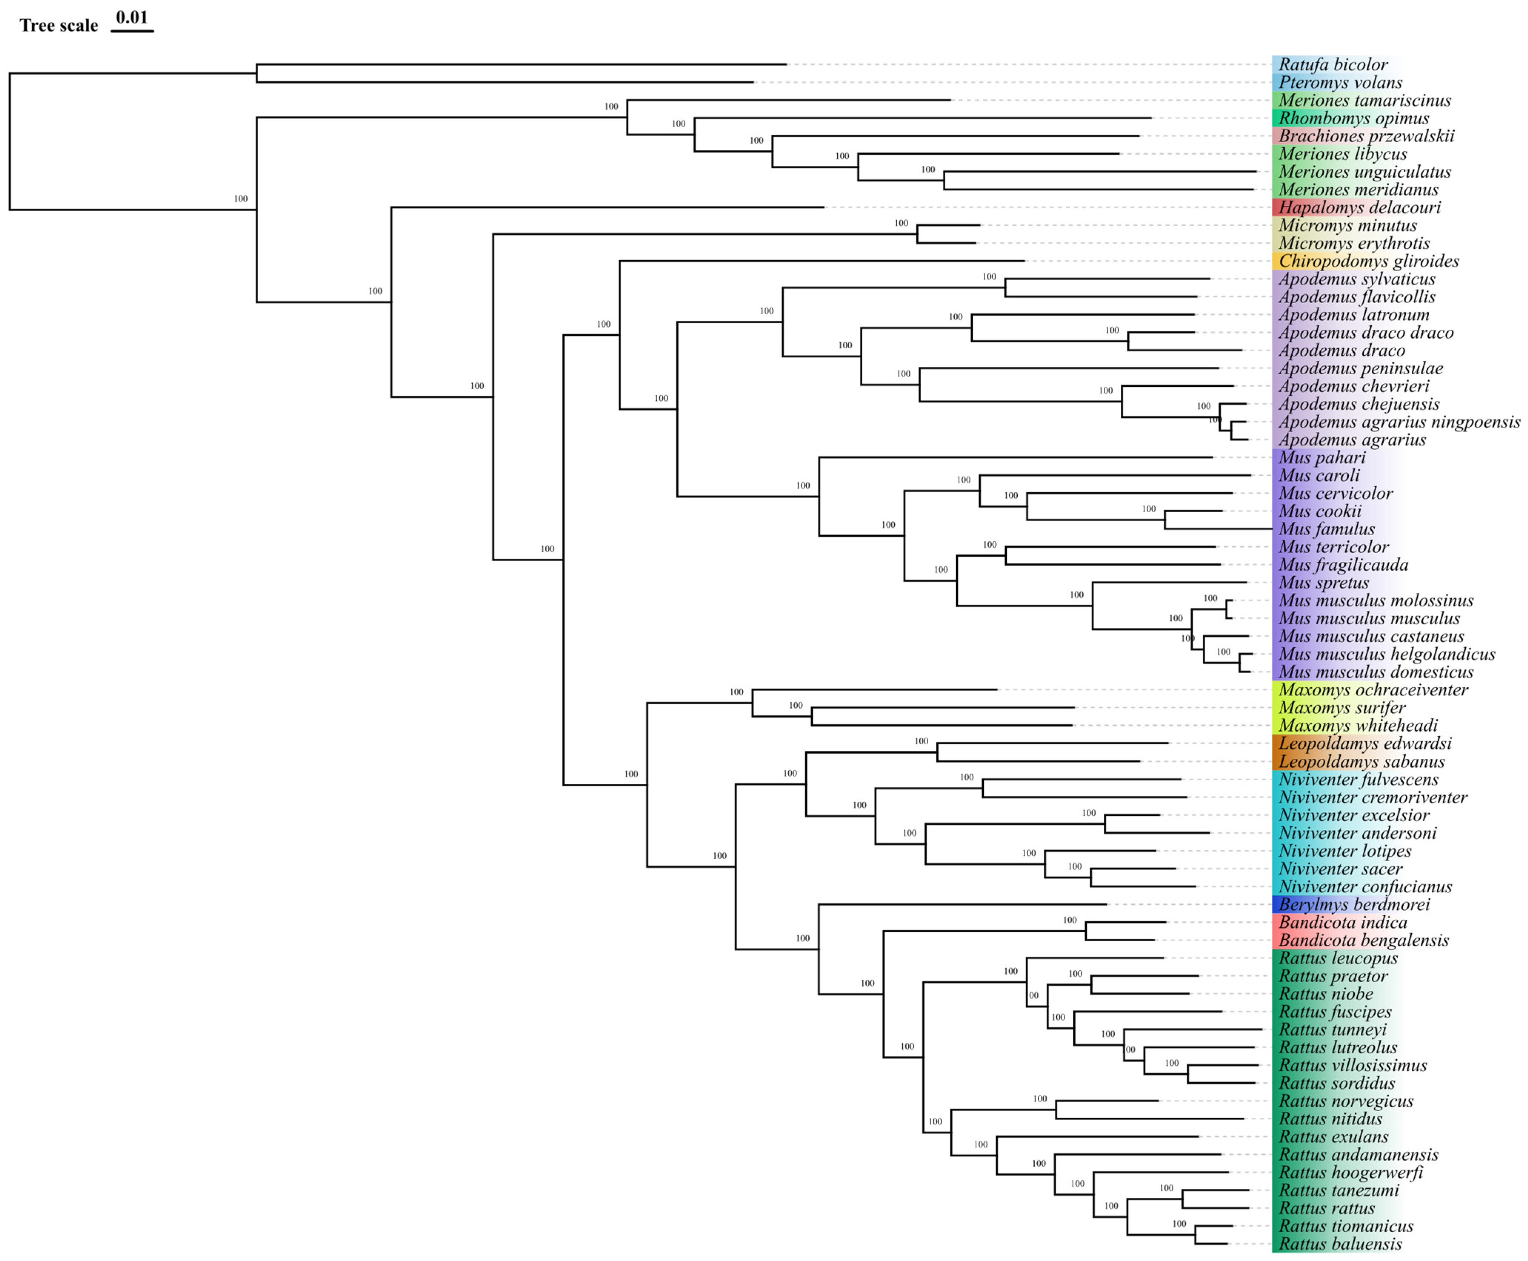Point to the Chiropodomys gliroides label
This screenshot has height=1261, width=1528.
click(1368, 262)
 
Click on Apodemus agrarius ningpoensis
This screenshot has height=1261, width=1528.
click(1399, 422)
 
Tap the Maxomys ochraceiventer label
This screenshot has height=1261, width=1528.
click(1372, 690)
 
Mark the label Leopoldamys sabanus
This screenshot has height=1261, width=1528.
click(1361, 762)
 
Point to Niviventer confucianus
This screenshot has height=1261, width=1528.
click(1364, 887)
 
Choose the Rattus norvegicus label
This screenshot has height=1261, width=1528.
click(1345, 1101)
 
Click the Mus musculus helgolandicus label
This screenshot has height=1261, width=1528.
click(1386, 654)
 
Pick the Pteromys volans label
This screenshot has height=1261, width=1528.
click(1340, 83)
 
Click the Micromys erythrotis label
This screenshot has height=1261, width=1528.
click(1354, 243)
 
